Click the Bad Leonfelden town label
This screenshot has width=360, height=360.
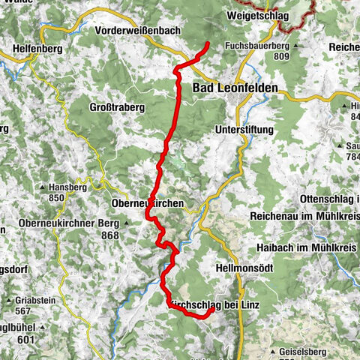click(235, 88)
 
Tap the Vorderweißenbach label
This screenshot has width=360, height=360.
click(141, 30)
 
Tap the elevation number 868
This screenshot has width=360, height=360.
click(111, 235)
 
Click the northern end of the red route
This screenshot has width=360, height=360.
click(208, 45)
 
